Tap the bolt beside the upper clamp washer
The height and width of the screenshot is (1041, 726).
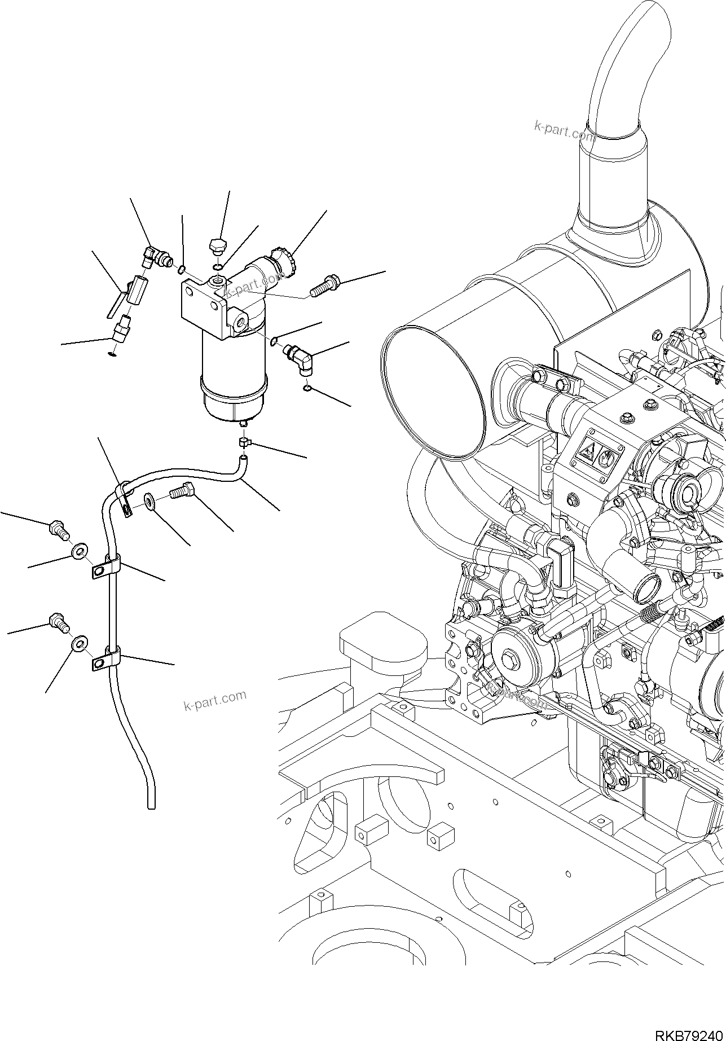[x=58, y=529]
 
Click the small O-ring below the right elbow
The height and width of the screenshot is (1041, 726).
[x=306, y=388]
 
